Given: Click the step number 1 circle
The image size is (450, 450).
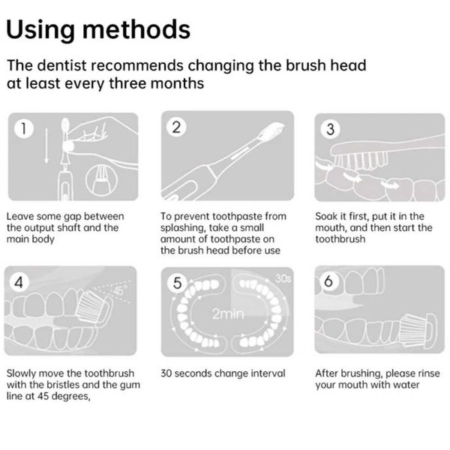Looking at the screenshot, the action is tap(23, 128).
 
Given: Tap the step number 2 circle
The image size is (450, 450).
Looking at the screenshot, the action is tap(176, 127).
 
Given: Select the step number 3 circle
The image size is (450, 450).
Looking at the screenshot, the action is tap(330, 129).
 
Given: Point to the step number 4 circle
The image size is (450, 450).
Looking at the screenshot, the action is tap(19, 283).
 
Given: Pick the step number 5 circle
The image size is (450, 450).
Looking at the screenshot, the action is tap(177, 283).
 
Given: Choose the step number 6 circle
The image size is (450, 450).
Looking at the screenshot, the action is tap(328, 280).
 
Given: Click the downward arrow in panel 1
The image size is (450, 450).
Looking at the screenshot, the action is tap(46, 145).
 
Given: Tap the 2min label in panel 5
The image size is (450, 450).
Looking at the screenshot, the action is tap(228, 313).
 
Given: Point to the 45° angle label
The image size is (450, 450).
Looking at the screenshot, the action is tap(118, 290).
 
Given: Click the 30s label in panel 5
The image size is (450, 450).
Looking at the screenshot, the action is tap(283, 278).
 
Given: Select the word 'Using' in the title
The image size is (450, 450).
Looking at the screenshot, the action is tap(40, 30).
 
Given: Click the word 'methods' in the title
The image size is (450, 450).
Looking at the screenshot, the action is tap(136, 29).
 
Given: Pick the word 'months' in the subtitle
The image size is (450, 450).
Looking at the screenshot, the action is tap(177, 83).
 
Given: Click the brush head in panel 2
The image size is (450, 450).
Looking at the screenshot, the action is tap(271, 131).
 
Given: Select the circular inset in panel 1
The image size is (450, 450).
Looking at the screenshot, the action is tap(101, 180).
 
